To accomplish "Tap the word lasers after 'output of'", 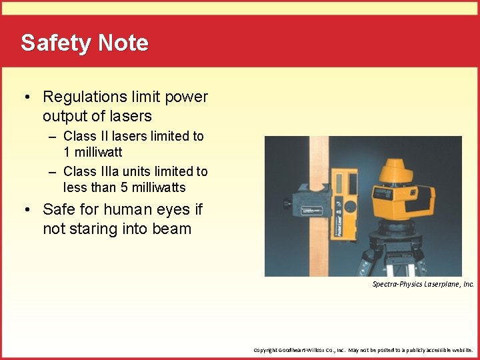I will click(131, 116).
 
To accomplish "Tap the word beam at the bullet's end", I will click(172, 229).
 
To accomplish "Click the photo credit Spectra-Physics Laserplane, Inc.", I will click(423, 284).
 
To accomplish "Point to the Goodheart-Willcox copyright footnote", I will click(363, 349).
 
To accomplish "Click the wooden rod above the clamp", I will click(321, 153).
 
